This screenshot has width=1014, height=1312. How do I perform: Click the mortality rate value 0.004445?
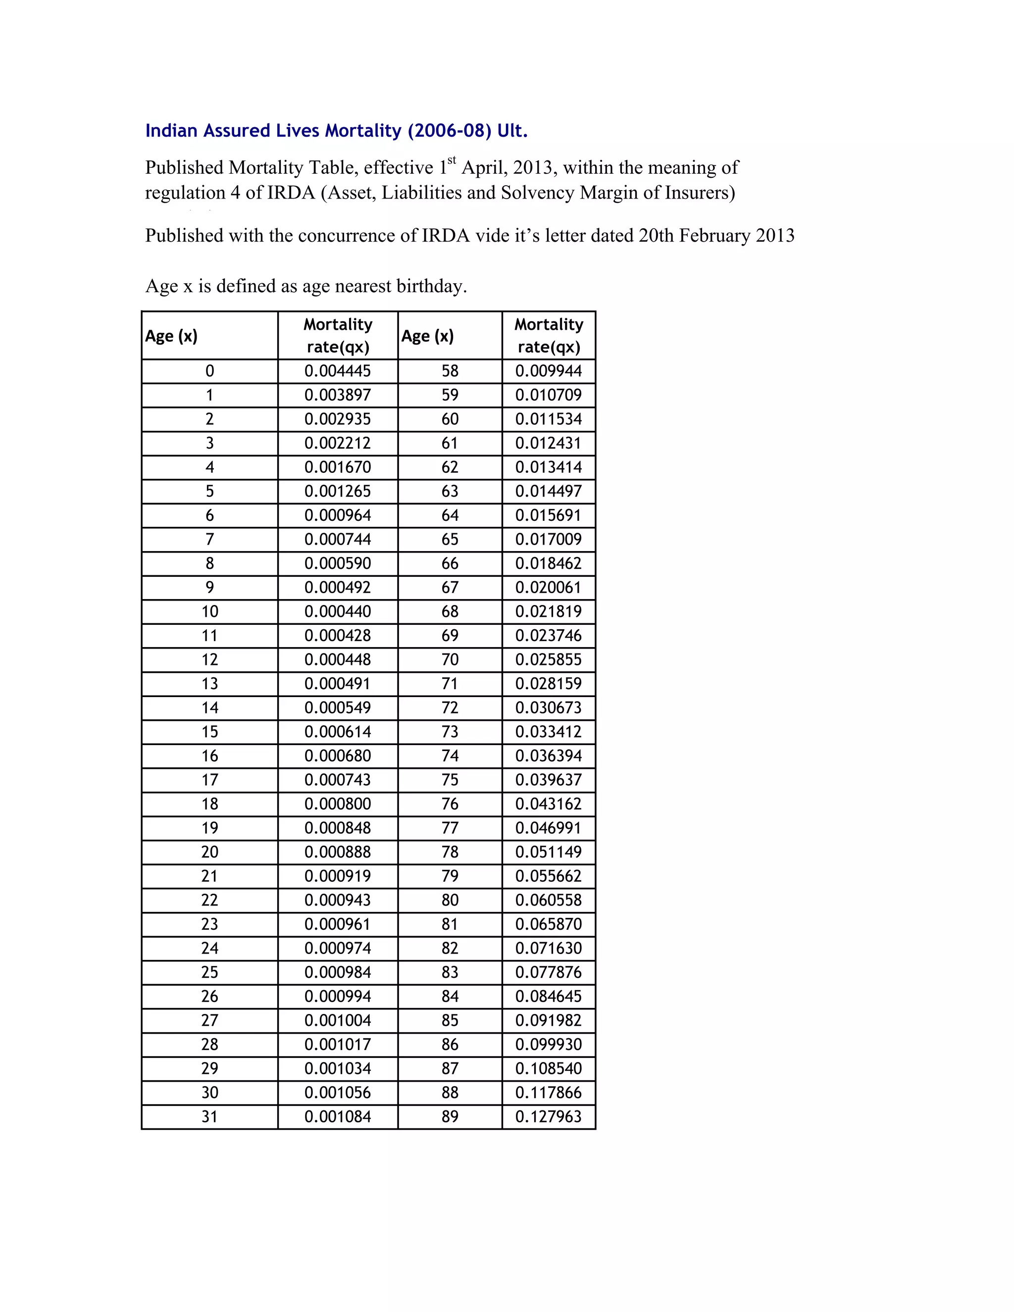pyautogui.click(x=338, y=371)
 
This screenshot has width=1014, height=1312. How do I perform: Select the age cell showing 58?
pyautogui.click(x=450, y=371)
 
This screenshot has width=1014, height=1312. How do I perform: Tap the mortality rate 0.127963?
pyautogui.click(x=549, y=1117)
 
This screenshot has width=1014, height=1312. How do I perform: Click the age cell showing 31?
pyautogui.click(x=209, y=1117)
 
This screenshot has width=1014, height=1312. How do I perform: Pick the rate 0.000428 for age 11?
pyautogui.click(x=338, y=636)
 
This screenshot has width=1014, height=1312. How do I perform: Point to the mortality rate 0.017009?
pyautogui.click(x=549, y=540)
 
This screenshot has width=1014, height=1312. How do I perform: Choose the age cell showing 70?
pyautogui.click(x=450, y=659)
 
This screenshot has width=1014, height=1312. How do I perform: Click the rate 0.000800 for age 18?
pyautogui.click(x=338, y=804)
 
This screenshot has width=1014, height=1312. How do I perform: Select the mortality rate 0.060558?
pyautogui.click(x=549, y=900)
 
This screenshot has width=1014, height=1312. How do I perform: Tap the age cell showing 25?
pyautogui.click(x=209, y=972)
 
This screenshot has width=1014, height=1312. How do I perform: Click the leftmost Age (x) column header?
pyautogui.click(x=171, y=336)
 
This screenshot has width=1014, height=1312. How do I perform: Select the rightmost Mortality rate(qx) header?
pyautogui.click(x=549, y=336)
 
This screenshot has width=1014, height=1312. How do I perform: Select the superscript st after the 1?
pyautogui.click(x=452, y=160)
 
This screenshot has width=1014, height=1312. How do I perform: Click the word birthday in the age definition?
pyautogui.click(x=431, y=286)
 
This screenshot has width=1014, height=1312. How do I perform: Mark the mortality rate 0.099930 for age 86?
pyautogui.click(x=549, y=1044)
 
